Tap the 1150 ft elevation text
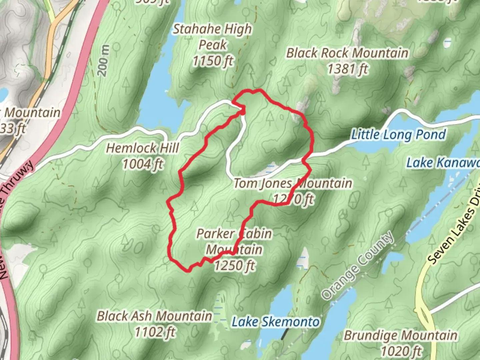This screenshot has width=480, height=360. click(213, 61)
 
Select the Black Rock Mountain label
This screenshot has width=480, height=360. click(347, 53)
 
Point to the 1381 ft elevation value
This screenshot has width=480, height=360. click(347, 69)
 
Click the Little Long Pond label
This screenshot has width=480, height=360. click(399, 135)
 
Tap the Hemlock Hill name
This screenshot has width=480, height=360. click(143, 148)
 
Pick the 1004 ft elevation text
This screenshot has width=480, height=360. click(143, 164)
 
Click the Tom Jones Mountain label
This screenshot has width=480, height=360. click(293, 183)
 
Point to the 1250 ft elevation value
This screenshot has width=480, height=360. click(235, 266)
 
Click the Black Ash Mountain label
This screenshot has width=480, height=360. click(155, 316)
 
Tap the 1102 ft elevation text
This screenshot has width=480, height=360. click(155, 332)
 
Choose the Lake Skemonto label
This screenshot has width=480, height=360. click(276, 322)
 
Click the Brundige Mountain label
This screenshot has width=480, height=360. click(401, 336)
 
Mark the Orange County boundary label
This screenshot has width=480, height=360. click(358, 265)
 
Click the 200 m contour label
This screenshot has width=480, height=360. click(104, 60)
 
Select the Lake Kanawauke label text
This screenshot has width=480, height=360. click(443, 163)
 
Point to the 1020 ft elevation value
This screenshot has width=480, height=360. click(401, 351)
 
